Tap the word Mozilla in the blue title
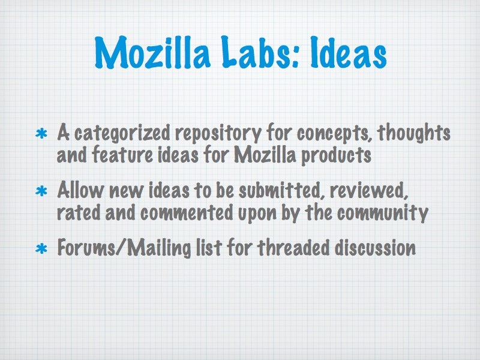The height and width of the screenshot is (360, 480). point(152,52)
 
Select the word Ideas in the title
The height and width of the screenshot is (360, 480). point(348,52)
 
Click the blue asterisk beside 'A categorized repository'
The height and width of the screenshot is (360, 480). point(41,134)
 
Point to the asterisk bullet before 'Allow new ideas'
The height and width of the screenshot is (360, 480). point(41,191)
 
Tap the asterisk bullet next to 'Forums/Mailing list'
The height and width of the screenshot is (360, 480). point(41,248)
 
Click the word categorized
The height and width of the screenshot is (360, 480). point(122,133)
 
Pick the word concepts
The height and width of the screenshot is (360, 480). point(334,133)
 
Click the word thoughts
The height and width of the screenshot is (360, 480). point(413,132)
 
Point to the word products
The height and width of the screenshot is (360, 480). point(336,155)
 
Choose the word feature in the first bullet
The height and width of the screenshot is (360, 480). point(122,154)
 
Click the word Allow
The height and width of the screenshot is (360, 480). point(80,190)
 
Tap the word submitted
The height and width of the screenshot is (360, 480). point(280,190)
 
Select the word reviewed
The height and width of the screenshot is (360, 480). point(369,190)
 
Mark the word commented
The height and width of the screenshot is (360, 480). point(187,212)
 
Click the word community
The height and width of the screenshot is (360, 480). point(383,212)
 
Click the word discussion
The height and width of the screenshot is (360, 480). point(375,247)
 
